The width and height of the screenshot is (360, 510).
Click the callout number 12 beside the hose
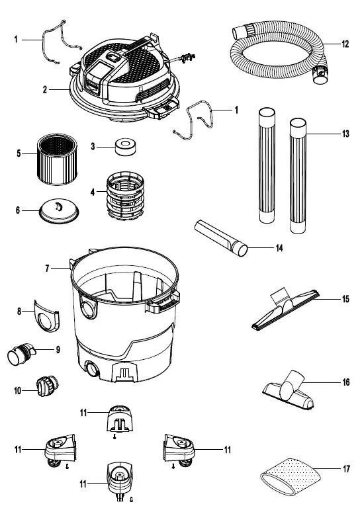(345, 44)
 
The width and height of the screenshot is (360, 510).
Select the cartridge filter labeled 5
(57, 159)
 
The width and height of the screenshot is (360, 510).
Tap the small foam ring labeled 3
(126, 147)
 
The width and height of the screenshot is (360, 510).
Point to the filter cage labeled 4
(125, 196)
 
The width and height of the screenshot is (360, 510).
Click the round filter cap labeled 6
(59, 211)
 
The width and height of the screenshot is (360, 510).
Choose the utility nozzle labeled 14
(221, 238)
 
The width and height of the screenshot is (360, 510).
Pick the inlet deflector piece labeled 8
(47, 316)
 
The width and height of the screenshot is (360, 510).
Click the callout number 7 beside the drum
(47, 269)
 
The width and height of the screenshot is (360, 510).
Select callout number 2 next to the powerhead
(45, 89)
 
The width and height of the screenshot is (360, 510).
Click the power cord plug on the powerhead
(188, 58)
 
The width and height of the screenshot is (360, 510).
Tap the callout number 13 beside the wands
(345, 134)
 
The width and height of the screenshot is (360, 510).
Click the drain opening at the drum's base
(91, 370)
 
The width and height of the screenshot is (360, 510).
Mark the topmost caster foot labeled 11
(120, 419)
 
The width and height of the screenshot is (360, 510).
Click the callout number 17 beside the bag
(346, 469)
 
